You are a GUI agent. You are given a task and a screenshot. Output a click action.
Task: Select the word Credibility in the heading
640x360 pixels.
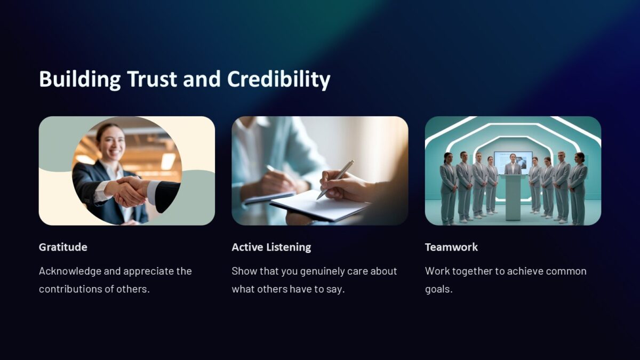[x=278, y=79]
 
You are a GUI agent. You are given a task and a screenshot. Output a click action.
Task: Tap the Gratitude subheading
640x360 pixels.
[x=63, y=247]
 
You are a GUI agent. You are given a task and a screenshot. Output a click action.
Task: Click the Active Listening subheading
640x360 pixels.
[x=271, y=247]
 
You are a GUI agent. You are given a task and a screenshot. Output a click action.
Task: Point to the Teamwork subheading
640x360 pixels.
[x=451, y=247]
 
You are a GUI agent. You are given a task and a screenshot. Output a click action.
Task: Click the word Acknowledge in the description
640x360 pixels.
[x=70, y=271]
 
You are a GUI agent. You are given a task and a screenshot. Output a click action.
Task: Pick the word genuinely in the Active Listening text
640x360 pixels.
[x=322, y=271]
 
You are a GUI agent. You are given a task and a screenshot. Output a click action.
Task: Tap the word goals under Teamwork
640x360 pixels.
[x=438, y=289]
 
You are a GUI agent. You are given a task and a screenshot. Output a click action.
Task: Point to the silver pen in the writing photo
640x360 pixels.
[x=335, y=179]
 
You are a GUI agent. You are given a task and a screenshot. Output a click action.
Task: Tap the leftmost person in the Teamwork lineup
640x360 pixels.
[x=448, y=187]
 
